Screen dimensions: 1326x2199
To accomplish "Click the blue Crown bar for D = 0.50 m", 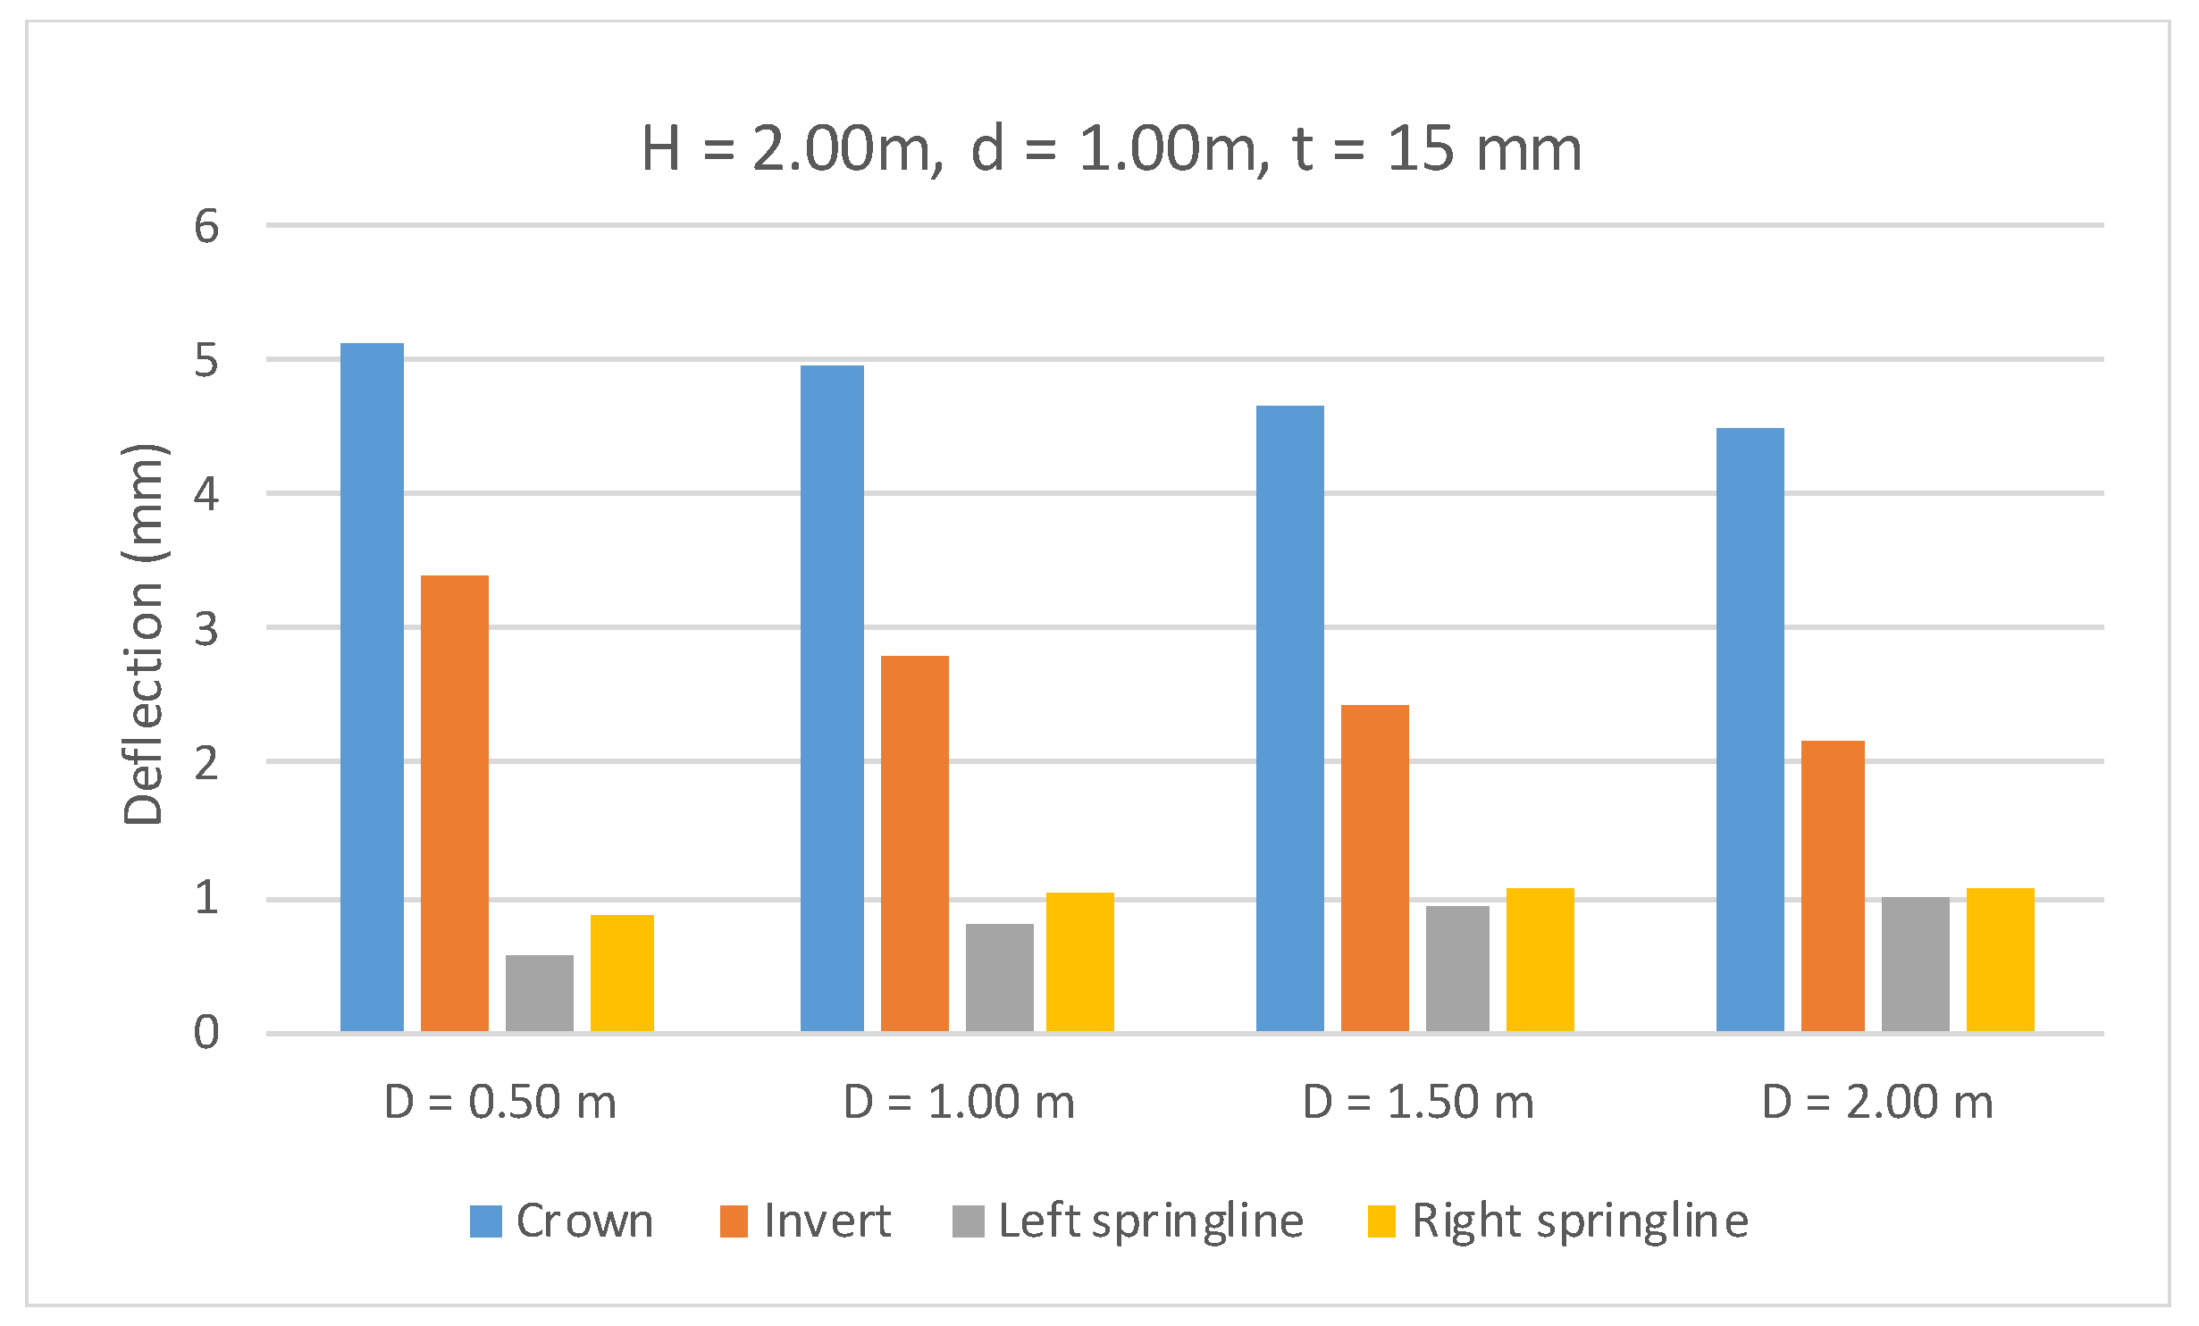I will click(x=372, y=688).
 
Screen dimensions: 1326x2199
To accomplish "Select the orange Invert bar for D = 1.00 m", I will click(x=914, y=844).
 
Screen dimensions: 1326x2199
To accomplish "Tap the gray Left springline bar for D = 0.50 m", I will click(x=539, y=994).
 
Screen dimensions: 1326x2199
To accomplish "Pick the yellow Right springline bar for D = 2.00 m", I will click(x=2000, y=961).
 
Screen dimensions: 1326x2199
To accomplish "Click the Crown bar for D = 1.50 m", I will click(x=1289, y=719).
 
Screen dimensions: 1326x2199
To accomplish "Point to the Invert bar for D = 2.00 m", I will click(x=1833, y=886).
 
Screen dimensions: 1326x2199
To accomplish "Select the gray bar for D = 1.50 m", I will click(x=1457, y=969).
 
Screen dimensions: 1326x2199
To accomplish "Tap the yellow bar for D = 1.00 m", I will click(x=1079, y=962).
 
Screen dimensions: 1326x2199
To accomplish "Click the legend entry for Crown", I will click(x=563, y=1221).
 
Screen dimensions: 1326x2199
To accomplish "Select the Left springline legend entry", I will click(x=1129, y=1221).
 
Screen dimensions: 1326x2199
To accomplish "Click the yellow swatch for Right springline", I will click(x=1381, y=1221).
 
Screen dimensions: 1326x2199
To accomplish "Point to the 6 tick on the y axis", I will click(x=206, y=226).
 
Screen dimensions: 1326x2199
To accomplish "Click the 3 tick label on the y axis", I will click(x=206, y=629).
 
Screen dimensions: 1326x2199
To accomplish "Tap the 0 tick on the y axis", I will click(x=206, y=1033).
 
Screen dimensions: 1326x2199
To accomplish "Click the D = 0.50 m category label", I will click(x=500, y=1102).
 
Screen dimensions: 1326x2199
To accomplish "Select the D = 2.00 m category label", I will click(x=1877, y=1102).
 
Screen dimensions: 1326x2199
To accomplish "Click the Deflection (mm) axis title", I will click(x=143, y=634).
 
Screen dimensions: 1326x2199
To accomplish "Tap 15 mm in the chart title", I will click(x=1483, y=148).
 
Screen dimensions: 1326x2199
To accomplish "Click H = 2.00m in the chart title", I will click(x=791, y=148).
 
